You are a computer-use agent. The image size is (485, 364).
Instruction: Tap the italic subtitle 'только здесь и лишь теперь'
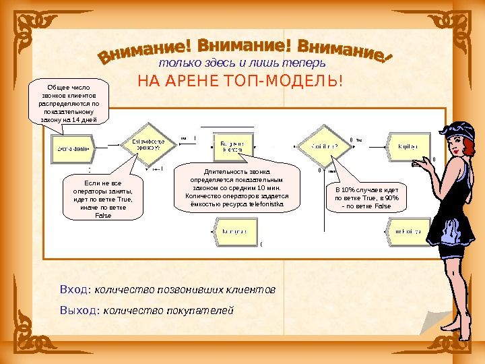[x=242, y=63]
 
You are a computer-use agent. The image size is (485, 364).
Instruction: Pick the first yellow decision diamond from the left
[x=144, y=144]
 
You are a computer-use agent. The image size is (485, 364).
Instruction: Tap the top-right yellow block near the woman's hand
[x=405, y=145]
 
